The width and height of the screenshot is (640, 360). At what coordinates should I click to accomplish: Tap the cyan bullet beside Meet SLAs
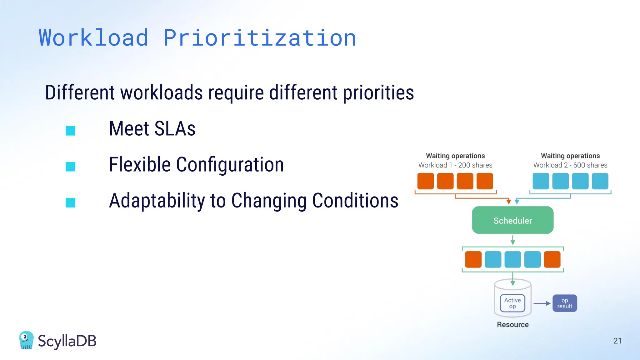(x=70, y=131)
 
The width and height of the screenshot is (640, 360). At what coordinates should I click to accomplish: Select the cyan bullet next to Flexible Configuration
(x=70, y=167)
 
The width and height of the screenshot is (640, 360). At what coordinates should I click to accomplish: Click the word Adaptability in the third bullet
(x=157, y=201)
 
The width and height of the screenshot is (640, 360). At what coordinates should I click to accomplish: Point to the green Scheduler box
(x=512, y=220)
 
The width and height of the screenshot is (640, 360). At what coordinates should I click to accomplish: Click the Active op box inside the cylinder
(x=512, y=303)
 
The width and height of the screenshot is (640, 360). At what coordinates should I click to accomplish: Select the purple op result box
(x=565, y=303)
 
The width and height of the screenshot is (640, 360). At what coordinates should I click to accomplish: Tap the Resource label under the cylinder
(x=512, y=325)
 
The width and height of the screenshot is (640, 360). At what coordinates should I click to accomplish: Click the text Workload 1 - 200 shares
(x=455, y=165)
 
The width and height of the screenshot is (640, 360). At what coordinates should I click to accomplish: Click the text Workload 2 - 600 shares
(x=570, y=165)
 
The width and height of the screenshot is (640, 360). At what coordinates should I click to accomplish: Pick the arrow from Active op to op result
(x=542, y=303)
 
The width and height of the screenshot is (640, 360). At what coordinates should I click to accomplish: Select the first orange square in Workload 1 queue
(x=426, y=181)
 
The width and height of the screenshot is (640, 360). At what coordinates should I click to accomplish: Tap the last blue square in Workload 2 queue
(x=600, y=181)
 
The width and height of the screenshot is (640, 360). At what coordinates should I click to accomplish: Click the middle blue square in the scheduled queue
(x=512, y=259)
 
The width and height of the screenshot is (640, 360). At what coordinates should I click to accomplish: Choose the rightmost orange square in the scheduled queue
(x=552, y=259)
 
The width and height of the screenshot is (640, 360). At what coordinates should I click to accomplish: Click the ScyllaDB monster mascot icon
(x=26, y=340)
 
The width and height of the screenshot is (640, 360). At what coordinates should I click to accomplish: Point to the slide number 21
(x=617, y=341)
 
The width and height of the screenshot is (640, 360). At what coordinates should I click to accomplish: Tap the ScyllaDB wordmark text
(x=67, y=341)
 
